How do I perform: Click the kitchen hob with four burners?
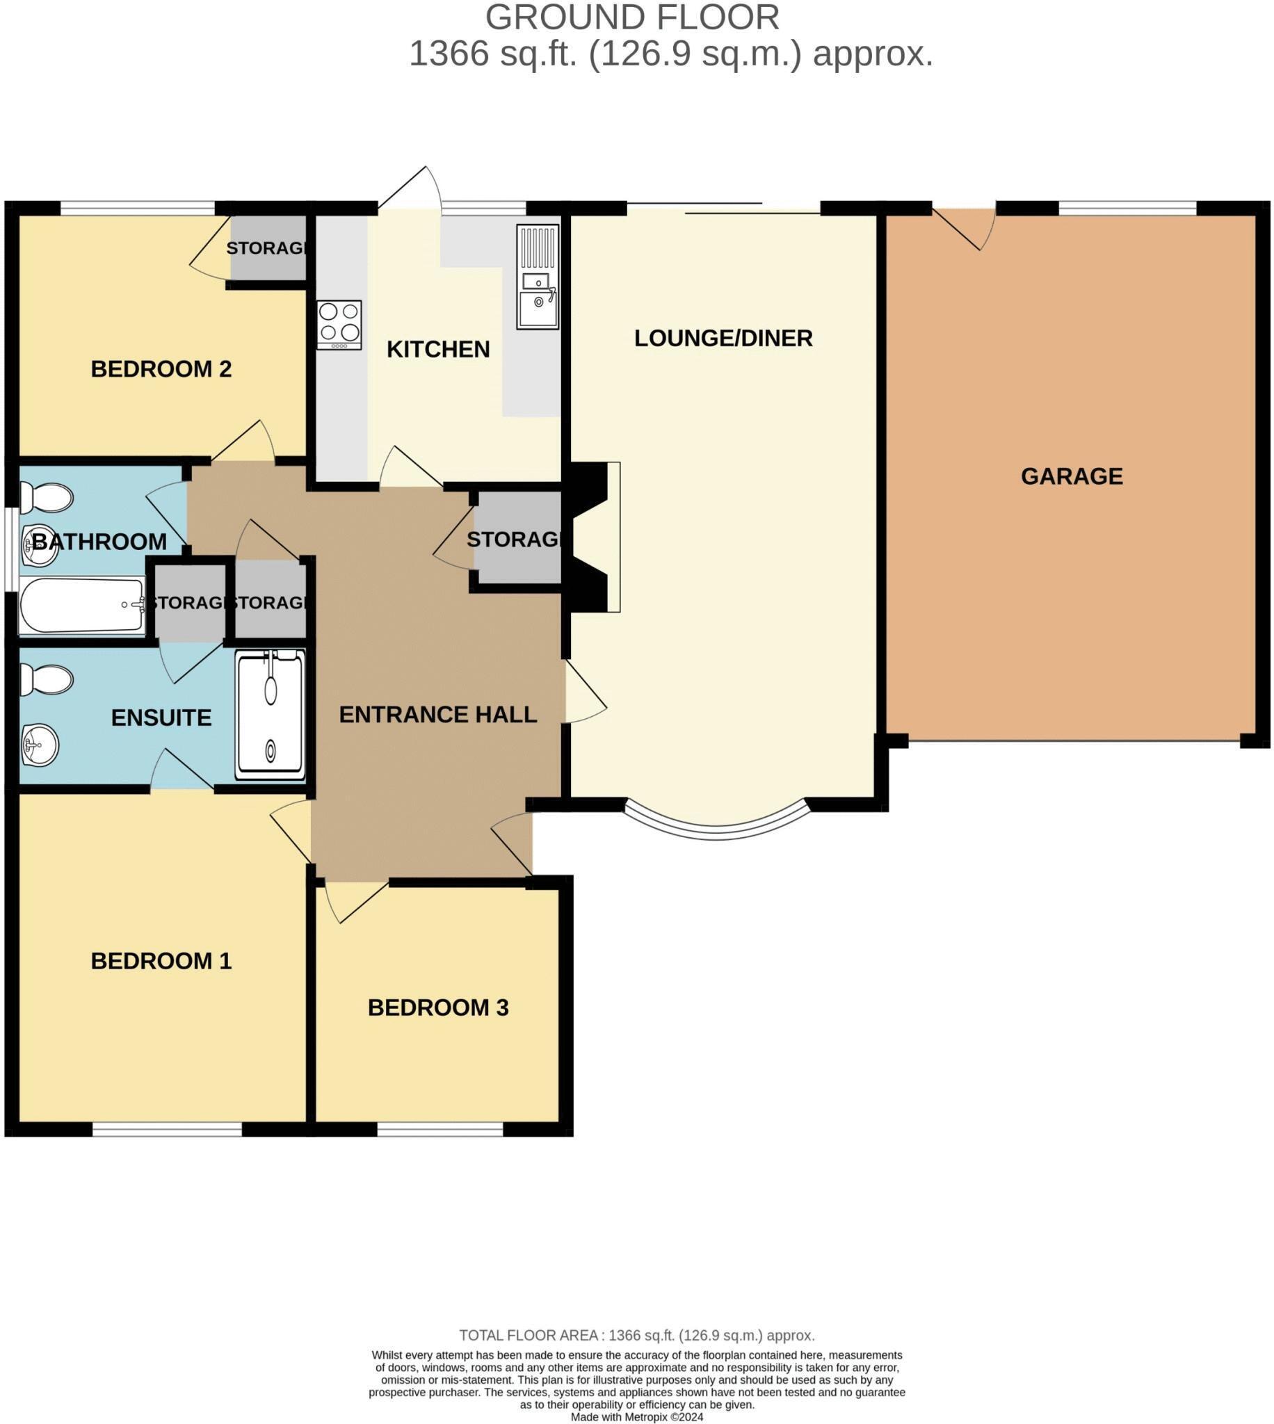339,325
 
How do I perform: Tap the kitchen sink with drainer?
538,277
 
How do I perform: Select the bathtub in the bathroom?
81,605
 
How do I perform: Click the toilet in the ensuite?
46,679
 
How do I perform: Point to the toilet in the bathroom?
46,499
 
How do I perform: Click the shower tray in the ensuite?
270,715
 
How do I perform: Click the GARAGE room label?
1071,476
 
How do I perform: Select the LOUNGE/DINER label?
723,339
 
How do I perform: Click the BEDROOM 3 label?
437,1007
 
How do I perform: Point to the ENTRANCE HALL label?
437,715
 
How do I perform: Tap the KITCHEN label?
437,349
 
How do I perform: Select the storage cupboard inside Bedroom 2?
268,248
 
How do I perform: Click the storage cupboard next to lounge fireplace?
517,538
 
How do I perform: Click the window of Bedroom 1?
167,1128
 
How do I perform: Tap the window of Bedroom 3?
440,1128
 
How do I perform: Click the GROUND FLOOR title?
631,17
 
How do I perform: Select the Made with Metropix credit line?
636,1417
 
